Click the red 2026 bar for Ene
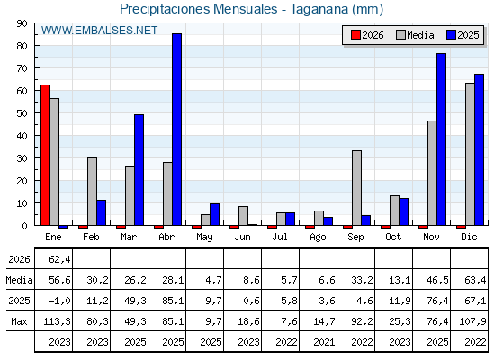pos(45,155)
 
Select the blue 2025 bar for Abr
pos(176,130)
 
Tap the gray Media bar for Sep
pos(356,188)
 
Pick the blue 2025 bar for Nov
pos(441,139)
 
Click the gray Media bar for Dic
pos(470,154)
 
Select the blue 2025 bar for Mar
pos(139,170)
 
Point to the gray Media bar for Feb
pos(92,192)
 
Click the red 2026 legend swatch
pos(355,35)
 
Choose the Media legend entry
pos(415,35)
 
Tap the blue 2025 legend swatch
pos(451,35)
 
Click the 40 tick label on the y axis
pos(22,136)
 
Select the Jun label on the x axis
pos(242,238)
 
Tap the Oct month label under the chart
pos(393,238)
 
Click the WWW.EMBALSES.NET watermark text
pos(99,31)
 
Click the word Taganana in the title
pos(319,9)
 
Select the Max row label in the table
pos(19,321)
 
